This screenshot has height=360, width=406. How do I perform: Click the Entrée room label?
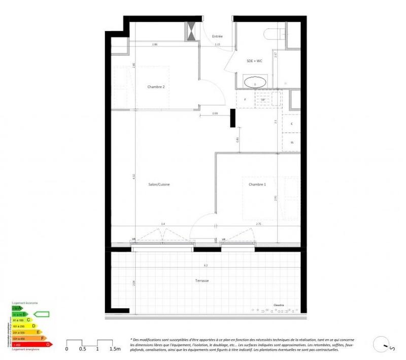[x=217, y=37]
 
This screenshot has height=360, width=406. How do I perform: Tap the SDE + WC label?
[x=254, y=61]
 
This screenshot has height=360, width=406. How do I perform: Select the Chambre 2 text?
[x=156, y=87]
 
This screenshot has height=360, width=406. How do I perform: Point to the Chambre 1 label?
[x=257, y=185]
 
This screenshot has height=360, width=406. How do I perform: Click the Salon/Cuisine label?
[x=159, y=185]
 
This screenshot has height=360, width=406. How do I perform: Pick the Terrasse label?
[x=201, y=280]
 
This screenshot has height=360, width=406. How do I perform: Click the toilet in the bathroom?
[x=275, y=34]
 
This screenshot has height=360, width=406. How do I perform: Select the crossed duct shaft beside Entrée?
[x=192, y=31]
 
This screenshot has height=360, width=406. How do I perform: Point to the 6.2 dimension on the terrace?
[x=205, y=265]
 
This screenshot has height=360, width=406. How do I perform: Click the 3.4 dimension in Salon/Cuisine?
[x=162, y=223]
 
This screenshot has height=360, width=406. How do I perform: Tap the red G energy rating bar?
[x=30, y=345]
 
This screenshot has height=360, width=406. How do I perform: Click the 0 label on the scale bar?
[x=66, y=349]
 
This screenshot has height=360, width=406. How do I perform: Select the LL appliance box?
[x=292, y=142]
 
